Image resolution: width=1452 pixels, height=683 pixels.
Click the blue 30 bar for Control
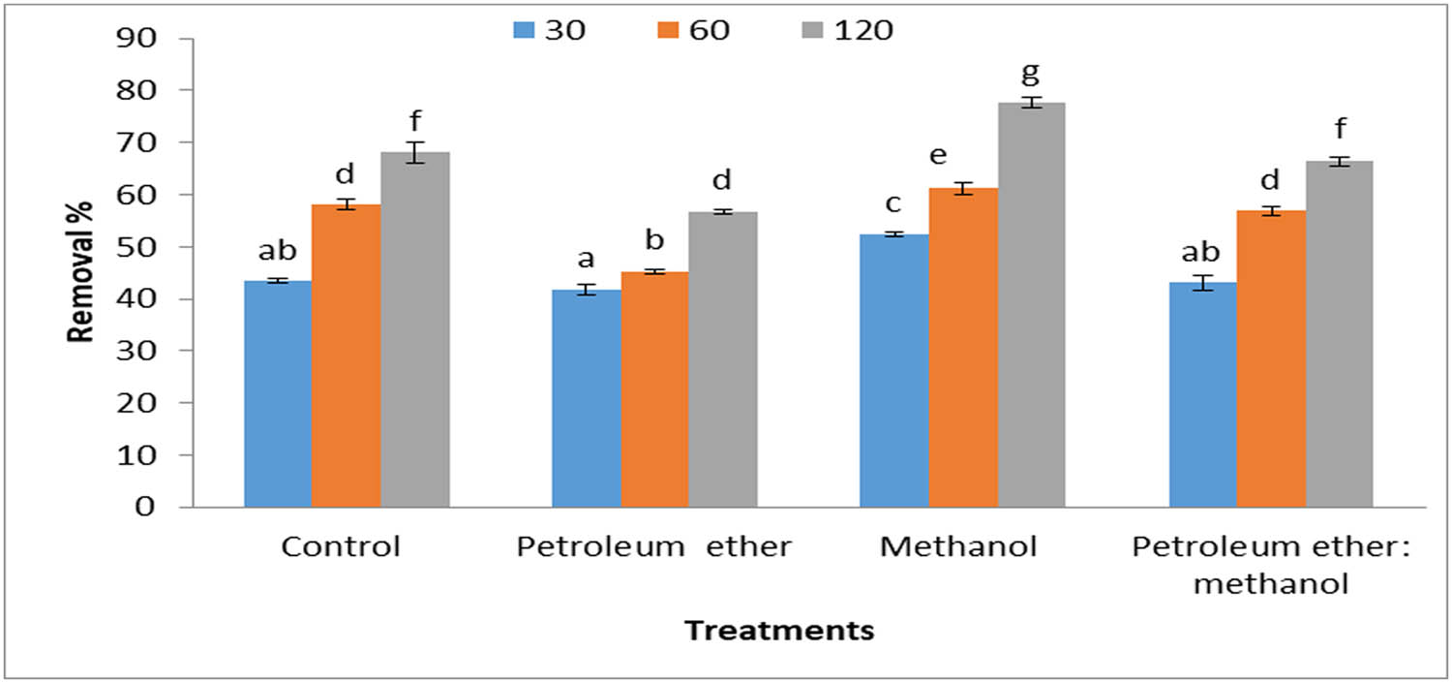point(278,393)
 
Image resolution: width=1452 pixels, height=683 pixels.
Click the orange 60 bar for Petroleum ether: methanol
point(1271,358)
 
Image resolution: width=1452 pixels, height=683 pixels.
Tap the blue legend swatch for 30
point(523,31)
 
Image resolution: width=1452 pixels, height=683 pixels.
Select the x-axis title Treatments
point(779,631)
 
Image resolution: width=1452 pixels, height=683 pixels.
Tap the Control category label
point(341,547)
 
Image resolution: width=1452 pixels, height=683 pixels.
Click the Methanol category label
point(958,547)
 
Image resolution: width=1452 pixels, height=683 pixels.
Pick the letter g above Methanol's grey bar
point(1032,73)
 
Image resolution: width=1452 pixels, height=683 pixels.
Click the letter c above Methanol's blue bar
point(893,203)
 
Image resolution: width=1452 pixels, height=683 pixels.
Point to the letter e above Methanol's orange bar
point(962,157)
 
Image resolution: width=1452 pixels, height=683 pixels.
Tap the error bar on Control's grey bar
point(414,152)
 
